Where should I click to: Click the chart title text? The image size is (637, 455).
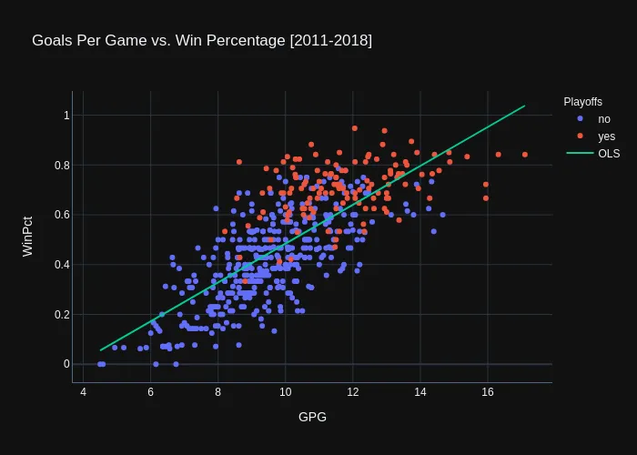tap(202, 41)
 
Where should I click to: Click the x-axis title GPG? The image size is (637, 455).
tap(312, 417)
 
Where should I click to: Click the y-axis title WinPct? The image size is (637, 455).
tap(27, 236)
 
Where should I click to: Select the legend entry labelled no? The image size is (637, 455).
tap(604, 119)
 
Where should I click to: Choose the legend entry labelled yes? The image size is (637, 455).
tap(606, 136)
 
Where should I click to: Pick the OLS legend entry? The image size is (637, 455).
tap(609, 153)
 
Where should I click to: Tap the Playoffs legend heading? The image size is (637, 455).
tap(582, 102)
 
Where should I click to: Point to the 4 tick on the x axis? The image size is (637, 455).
tap(84, 392)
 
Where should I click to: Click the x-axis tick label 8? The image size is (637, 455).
tap(217, 392)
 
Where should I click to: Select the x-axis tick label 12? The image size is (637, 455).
tap(352, 392)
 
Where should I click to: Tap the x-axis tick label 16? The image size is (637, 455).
tap(487, 392)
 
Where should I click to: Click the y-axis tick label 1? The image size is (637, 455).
tap(66, 116)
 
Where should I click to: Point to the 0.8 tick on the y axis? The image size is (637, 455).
tap(62, 165)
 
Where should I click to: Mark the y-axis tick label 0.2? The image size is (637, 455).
tap(62, 315)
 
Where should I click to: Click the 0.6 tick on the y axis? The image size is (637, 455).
tap(62, 215)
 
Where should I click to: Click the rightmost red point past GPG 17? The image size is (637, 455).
tap(525, 155)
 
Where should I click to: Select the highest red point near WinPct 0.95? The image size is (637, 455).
tap(355, 128)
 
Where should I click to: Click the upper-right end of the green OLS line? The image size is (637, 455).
tap(524, 106)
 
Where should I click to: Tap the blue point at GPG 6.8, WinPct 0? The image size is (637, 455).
tap(177, 364)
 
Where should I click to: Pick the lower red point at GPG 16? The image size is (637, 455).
tap(486, 198)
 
